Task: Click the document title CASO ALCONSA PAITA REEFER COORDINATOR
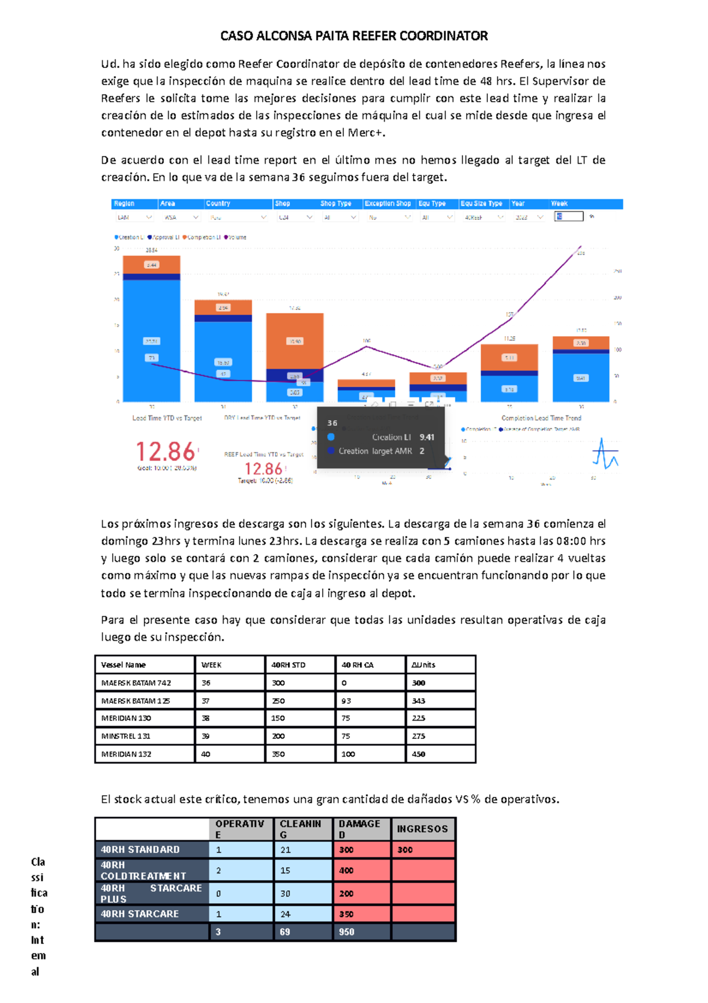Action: tap(354, 36)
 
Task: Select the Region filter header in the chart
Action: tap(124, 204)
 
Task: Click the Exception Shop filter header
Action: tap(387, 204)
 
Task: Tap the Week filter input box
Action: tap(569, 217)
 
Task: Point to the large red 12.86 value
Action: tap(166, 452)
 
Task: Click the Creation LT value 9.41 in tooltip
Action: tap(427, 437)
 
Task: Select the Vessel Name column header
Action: tap(123, 665)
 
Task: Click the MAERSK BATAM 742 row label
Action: tap(136, 683)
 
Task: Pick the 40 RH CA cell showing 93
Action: tap(346, 701)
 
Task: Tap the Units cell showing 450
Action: tap(419, 754)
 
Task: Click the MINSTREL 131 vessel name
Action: tap(126, 737)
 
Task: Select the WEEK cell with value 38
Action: tap(206, 719)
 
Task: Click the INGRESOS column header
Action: tap(422, 829)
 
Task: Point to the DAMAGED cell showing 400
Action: tap(346, 871)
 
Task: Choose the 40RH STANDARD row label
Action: tap(140, 849)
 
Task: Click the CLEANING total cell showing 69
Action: tap(285, 932)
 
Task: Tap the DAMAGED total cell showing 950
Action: tap(346, 932)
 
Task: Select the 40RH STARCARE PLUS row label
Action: tap(151, 893)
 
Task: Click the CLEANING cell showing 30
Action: tap(285, 894)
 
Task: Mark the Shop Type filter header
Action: tap(336, 204)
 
